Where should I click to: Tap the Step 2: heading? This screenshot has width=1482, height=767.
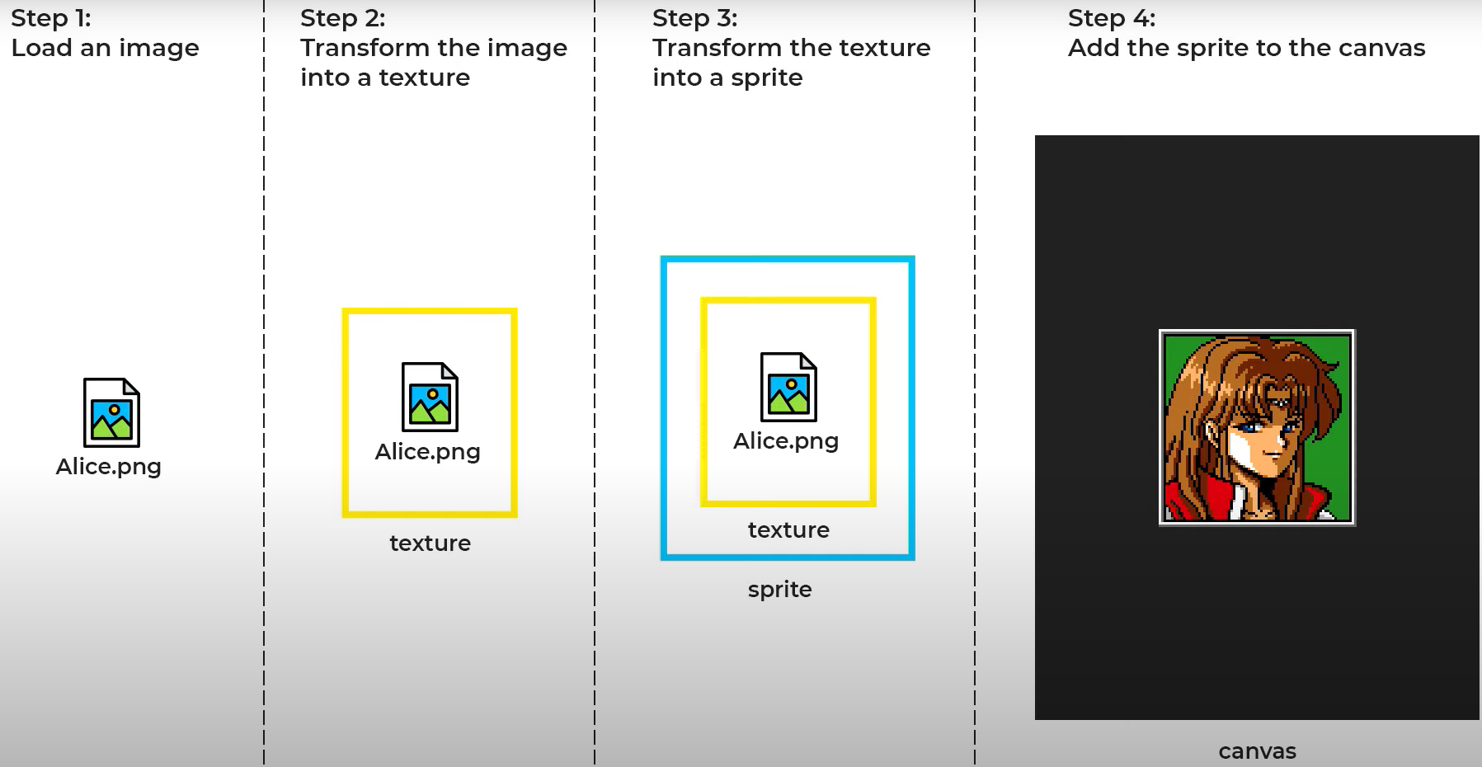pyautogui.click(x=342, y=18)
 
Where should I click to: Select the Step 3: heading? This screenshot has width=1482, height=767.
pyautogui.click(x=694, y=18)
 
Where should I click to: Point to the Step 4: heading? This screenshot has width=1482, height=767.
pyautogui.click(x=1111, y=18)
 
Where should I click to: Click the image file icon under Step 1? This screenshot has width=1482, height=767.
pyautogui.click(x=111, y=412)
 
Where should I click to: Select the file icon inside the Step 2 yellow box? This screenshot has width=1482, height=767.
pyautogui.click(x=430, y=397)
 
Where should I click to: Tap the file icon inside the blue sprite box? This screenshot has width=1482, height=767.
pyautogui.click(x=788, y=387)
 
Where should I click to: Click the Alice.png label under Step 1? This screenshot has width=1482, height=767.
pyautogui.click(x=108, y=467)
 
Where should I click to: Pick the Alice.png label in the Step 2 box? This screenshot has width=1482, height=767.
pyautogui.click(x=427, y=452)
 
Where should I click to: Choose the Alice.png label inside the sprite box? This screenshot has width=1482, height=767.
pyautogui.click(x=786, y=441)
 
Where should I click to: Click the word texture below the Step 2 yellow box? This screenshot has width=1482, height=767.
pyautogui.click(x=430, y=543)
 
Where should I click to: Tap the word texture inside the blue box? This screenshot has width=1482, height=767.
pyautogui.click(x=788, y=530)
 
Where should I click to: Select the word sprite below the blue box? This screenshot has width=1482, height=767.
pyautogui.click(x=779, y=590)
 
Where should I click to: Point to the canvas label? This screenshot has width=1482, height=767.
pyautogui.click(x=1257, y=751)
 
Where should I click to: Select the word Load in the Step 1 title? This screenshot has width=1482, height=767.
pyautogui.click(x=41, y=48)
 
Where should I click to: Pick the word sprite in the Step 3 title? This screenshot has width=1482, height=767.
pyautogui.click(x=766, y=78)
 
